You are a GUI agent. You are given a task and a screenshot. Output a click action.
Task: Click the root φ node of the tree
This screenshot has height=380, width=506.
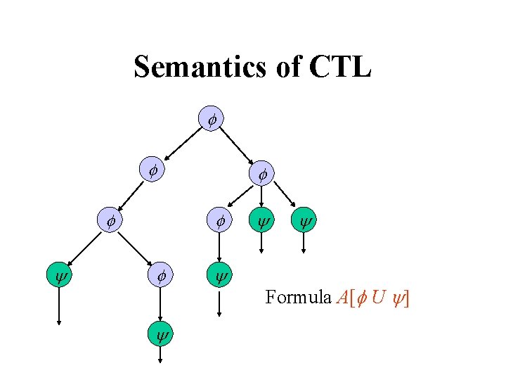[211, 119]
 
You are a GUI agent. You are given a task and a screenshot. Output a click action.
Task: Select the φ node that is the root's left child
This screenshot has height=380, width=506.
[151, 170]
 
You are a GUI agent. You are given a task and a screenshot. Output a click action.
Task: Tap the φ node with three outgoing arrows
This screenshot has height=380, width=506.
[261, 172]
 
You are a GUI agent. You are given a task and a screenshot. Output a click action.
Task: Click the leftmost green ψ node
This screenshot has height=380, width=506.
[59, 276]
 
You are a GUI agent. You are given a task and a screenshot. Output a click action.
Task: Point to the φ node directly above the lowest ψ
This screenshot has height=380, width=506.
[160, 276]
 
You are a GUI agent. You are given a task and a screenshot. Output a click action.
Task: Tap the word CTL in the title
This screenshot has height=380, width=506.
[339, 68]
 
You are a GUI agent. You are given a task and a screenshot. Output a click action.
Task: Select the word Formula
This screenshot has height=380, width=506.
[298, 298]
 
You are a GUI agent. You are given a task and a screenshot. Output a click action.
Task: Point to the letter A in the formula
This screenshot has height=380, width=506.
[342, 298]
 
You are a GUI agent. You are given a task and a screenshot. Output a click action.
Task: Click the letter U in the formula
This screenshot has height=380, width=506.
[378, 298]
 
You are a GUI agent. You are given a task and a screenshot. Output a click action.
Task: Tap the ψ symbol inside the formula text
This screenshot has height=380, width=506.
[396, 298]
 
